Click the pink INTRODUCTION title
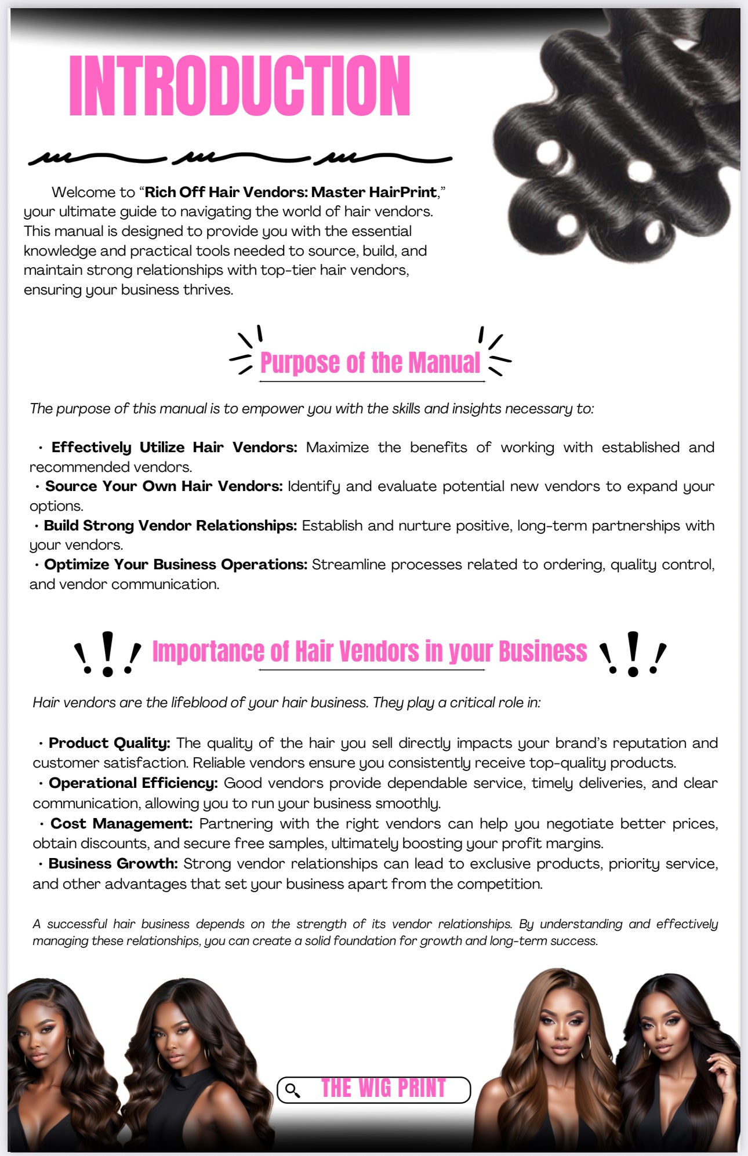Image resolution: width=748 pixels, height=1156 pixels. point(239,86)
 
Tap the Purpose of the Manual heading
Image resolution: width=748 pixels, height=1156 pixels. point(370,363)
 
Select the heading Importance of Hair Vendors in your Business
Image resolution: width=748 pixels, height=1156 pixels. point(369,652)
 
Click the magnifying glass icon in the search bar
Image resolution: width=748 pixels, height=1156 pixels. point(293,1090)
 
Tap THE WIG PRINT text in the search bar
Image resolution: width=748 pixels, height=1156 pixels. point(383,1089)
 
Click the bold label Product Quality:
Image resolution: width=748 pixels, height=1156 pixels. point(109,743)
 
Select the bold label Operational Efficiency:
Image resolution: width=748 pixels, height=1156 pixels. point(133,783)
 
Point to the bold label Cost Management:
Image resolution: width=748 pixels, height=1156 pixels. point(121,824)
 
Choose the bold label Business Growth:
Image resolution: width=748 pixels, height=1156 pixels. point(113,864)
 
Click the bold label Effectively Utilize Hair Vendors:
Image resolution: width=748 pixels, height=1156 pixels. point(174,448)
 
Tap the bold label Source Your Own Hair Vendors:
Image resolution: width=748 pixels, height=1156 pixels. point(164,486)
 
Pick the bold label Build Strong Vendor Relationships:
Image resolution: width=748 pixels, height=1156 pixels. point(170,526)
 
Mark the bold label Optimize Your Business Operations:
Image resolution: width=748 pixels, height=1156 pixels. point(175,565)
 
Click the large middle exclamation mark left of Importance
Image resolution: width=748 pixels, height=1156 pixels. point(107,653)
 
